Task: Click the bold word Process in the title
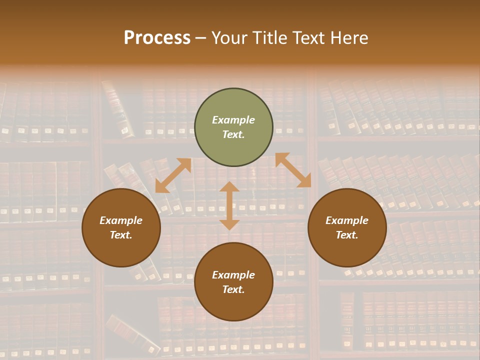157,38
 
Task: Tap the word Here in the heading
348,38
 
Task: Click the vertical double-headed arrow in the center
229,206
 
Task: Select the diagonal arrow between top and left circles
173,175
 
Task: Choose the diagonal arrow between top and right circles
293,170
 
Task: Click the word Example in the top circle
233,120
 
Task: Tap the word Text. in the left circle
121,235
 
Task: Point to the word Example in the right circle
347,220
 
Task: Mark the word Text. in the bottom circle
233,289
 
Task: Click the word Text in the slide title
308,38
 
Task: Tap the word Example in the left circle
121,220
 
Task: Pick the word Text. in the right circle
347,235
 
